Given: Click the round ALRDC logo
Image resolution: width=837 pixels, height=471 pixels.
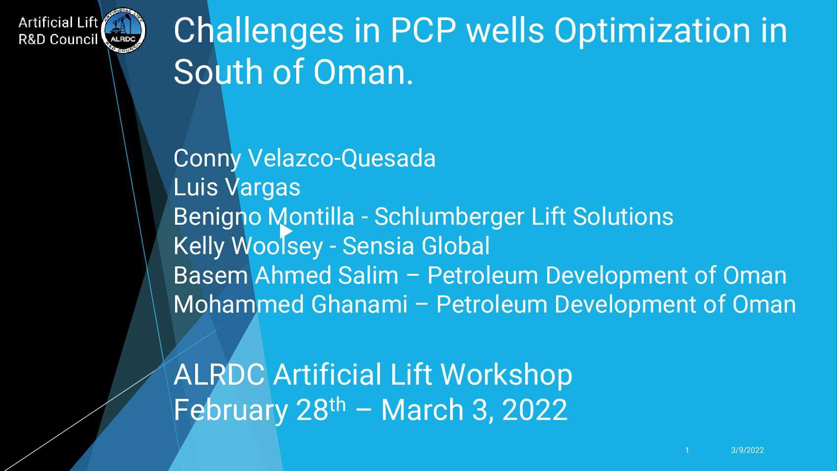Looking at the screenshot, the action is [x=124, y=30].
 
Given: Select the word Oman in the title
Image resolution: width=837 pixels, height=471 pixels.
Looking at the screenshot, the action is [x=363, y=72].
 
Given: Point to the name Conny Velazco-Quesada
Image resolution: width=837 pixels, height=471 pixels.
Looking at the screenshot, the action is [x=304, y=158].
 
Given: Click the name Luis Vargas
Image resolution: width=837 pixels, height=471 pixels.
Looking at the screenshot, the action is [x=237, y=187].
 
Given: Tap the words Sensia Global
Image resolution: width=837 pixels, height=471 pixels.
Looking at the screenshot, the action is [x=416, y=246].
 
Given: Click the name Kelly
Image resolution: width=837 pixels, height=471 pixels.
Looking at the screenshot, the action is [x=199, y=246].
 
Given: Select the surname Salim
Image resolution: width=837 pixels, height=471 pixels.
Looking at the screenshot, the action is [x=368, y=276].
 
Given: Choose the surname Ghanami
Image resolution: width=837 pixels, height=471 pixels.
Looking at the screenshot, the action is [x=359, y=305].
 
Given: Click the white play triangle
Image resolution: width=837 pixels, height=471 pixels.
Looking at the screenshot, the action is [x=286, y=231].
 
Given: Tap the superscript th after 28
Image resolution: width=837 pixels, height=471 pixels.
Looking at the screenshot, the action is [x=338, y=404].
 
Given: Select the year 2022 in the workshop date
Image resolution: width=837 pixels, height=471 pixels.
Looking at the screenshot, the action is [x=534, y=410].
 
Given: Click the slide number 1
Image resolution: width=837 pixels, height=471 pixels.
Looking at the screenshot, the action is [x=687, y=450].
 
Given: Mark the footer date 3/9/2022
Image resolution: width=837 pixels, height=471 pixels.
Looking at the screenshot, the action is [x=747, y=450].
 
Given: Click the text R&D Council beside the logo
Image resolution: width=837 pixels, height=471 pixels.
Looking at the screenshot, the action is [x=58, y=39].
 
